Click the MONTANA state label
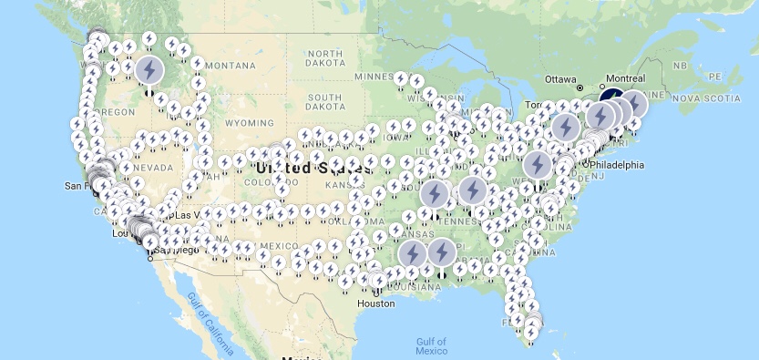point(230,66)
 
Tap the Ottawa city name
point(565,77)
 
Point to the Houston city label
point(375,303)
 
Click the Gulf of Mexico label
point(431,345)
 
